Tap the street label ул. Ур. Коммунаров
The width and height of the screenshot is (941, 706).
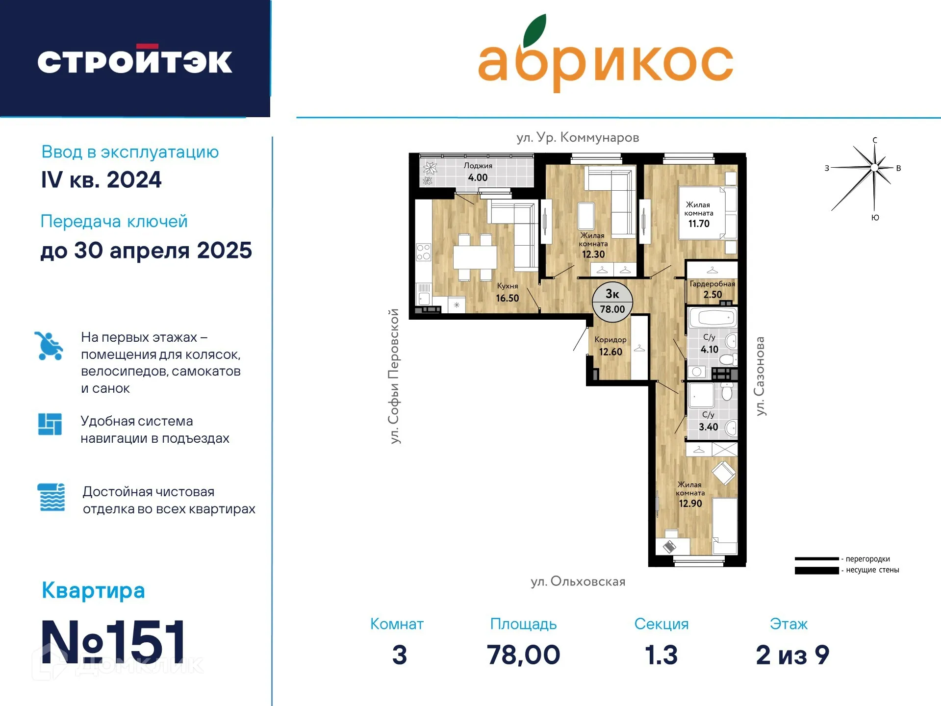[x=578, y=137]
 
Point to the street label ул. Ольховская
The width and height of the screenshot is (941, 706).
[x=578, y=581]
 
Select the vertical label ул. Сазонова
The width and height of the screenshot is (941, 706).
[x=760, y=376]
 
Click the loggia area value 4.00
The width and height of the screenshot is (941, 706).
[x=478, y=177]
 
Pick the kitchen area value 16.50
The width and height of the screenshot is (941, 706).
[x=507, y=298]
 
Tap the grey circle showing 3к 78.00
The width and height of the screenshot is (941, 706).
[x=612, y=302]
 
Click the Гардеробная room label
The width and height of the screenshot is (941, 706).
[x=712, y=284]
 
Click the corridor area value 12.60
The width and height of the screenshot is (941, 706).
[x=610, y=352]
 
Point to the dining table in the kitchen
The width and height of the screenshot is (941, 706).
[x=475, y=256]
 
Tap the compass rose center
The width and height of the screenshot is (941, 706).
[x=874, y=168]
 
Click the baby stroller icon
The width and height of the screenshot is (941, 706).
[x=49, y=346]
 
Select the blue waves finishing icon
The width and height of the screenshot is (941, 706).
[x=51, y=497]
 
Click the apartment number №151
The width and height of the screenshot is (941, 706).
[x=113, y=642]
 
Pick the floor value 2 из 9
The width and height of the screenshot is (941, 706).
[x=792, y=655]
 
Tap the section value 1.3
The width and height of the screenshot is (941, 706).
[x=661, y=655]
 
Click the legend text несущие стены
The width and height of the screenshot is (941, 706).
[x=872, y=570]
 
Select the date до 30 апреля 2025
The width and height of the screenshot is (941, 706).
[x=146, y=251]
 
